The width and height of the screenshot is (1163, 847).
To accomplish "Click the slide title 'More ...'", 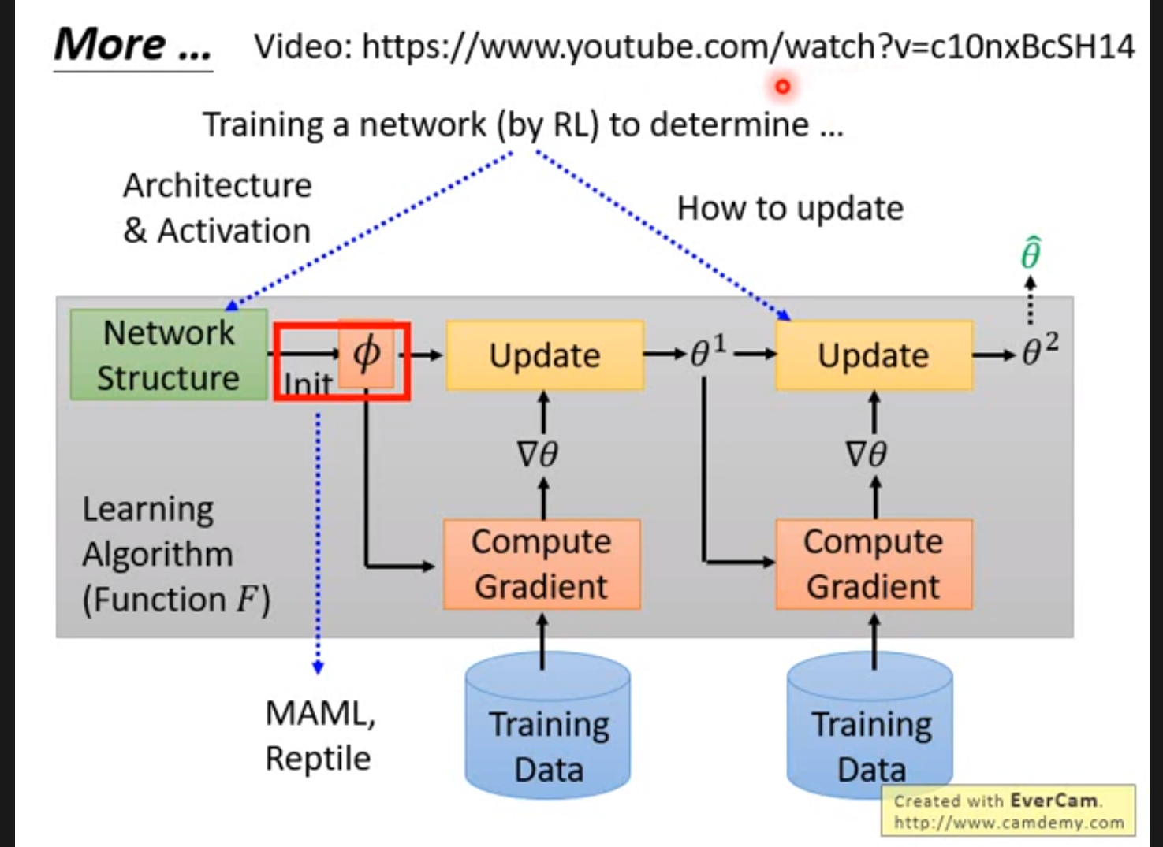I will [x=132, y=45].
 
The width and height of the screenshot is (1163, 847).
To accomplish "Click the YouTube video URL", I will [x=747, y=47].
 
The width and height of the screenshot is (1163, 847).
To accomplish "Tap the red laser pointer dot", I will [x=782, y=87].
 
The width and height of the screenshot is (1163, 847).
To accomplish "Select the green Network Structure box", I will [x=169, y=355].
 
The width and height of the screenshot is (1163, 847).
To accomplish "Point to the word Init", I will [x=308, y=384].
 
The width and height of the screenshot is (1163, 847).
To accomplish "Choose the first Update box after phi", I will [x=545, y=355].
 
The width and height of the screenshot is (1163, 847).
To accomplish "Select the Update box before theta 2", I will [x=874, y=355].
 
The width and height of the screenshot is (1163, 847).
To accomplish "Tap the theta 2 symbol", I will [x=1039, y=350].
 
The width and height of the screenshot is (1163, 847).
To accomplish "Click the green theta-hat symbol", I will [x=1031, y=254].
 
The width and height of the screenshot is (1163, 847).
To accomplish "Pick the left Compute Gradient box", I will [x=542, y=564].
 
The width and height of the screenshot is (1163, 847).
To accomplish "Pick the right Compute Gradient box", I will [x=874, y=564].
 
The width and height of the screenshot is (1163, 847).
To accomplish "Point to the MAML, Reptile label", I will [x=319, y=736].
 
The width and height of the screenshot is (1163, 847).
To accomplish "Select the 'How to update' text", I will [x=790, y=209].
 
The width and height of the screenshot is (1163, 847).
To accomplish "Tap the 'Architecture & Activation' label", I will [x=217, y=208].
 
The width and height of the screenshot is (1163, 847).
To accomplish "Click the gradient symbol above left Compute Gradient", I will [x=538, y=455].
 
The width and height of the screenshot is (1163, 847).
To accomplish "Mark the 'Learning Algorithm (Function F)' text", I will [x=175, y=555].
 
